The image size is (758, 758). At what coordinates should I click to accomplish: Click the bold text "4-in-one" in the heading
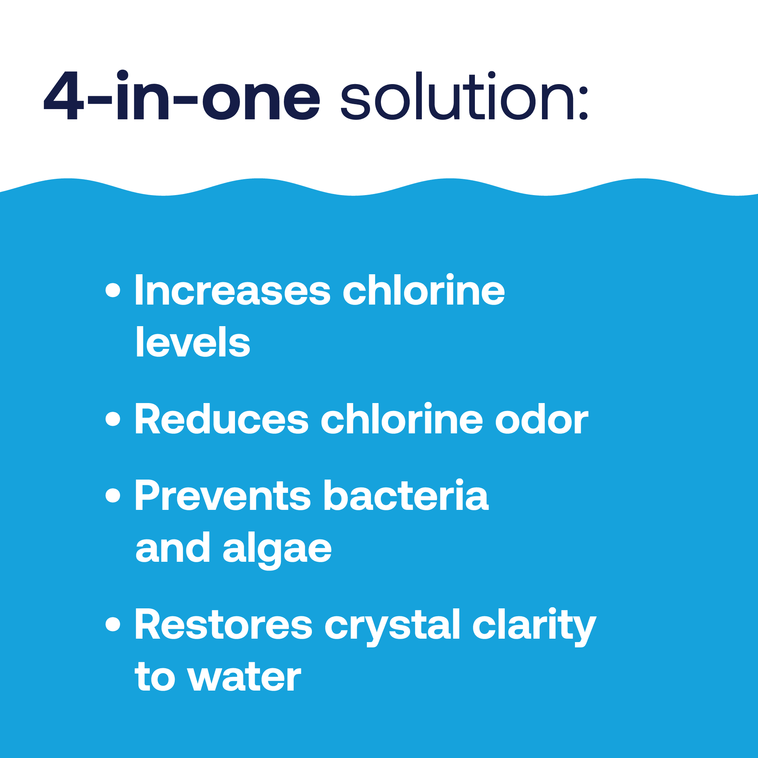pos(182,95)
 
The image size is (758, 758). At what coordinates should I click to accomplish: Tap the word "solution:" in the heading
pos(464,96)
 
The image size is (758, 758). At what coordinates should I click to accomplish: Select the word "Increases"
pos(233,290)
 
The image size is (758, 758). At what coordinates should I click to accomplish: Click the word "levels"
pos(193,342)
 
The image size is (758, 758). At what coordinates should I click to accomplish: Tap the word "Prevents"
pos(223,495)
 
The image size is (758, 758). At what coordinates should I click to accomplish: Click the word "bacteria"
pos(406,495)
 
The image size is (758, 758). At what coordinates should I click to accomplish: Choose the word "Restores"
pos(224,624)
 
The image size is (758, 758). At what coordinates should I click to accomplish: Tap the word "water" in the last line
pos(244,678)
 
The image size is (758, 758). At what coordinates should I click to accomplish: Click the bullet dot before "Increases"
pos(113,290)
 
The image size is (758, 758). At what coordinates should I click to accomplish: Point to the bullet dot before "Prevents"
pos(113,495)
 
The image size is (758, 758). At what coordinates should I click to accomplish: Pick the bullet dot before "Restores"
pos(113,624)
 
